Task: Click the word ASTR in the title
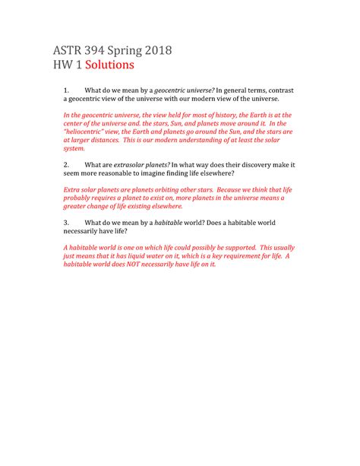[68, 51]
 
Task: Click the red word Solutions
[109, 65]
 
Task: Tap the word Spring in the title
[130, 52]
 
